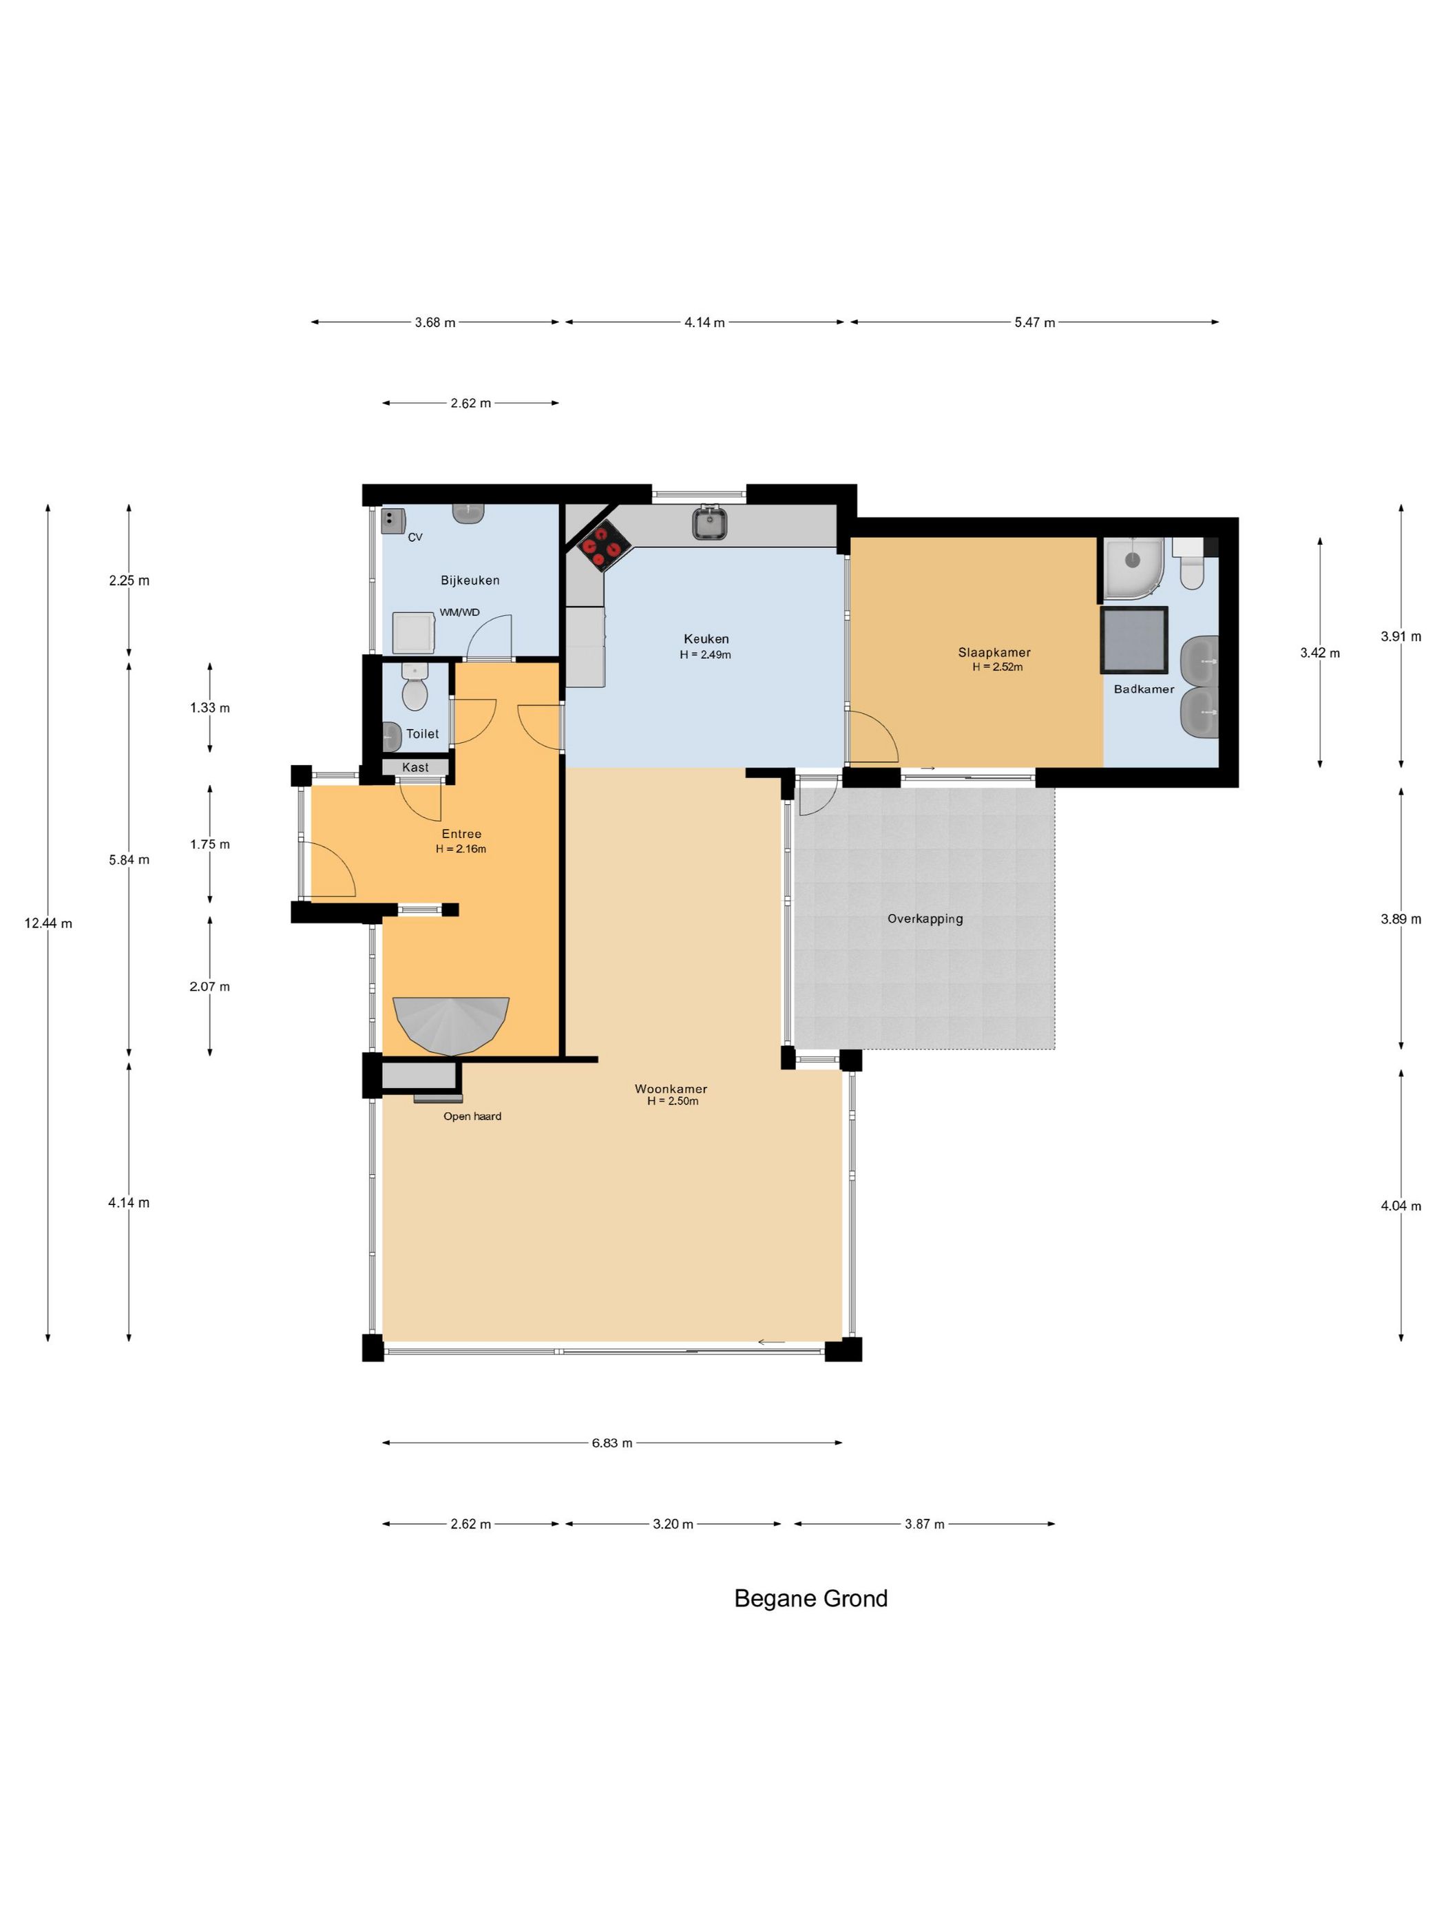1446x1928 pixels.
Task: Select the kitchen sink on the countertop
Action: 709,523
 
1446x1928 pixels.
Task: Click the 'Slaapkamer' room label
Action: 994,652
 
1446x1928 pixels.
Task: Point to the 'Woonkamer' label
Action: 670,1089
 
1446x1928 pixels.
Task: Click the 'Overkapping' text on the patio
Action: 925,919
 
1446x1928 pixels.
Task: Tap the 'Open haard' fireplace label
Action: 472,1117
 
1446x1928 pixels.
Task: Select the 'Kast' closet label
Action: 416,768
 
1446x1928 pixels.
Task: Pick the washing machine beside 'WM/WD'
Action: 413,633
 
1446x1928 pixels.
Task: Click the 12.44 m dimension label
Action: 48,924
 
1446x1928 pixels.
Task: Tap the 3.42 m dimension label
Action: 1319,653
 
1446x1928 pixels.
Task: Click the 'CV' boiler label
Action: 415,538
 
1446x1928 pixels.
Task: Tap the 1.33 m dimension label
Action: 210,708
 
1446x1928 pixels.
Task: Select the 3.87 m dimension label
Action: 924,1524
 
